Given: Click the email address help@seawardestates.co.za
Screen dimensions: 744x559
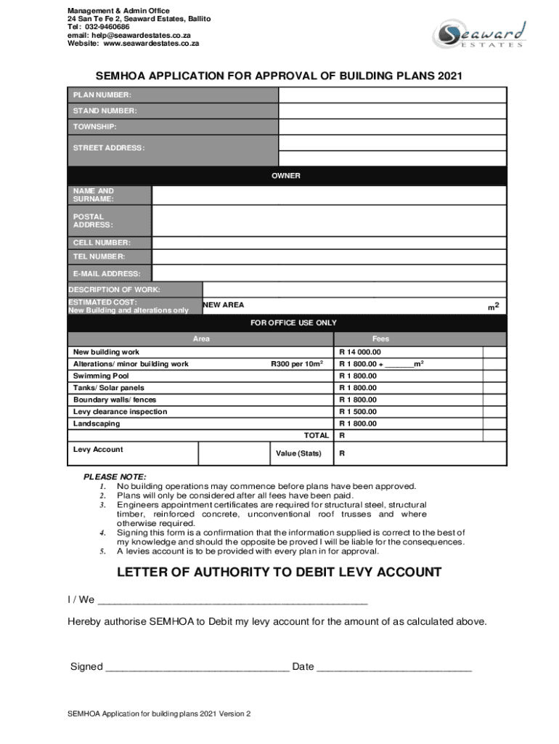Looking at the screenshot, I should [x=129, y=35].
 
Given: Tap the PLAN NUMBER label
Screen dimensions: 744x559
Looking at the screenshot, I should [x=102, y=95].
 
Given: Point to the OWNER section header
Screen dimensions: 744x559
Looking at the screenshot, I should [x=286, y=176].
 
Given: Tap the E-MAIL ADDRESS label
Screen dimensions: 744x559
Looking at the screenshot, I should [x=107, y=274].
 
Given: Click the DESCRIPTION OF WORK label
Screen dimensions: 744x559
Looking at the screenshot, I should [x=114, y=290].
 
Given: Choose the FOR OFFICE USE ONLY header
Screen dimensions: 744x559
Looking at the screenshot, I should [x=293, y=323].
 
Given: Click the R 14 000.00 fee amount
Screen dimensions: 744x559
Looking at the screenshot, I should [x=360, y=352].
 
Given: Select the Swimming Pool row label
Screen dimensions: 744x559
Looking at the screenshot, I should [x=101, y=376].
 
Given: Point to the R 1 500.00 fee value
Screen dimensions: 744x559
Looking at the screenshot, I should [x=359, y=412].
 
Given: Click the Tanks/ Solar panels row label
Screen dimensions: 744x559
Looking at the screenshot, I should [x=109, y=388].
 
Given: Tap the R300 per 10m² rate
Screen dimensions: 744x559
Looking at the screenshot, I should [x=297, y=364].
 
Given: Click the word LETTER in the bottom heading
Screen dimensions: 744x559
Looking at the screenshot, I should [x=145, y=573].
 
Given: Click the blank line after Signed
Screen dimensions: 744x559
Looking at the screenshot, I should [x=197, y=667].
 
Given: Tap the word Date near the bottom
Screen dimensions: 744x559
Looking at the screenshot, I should [x=303, y=667].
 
